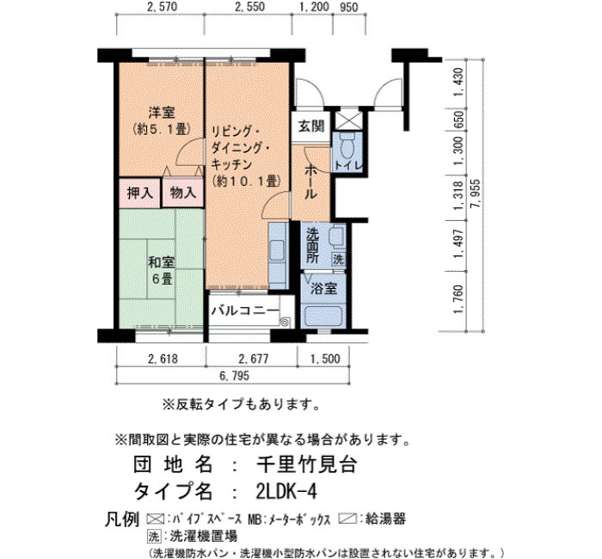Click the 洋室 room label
click(x=162, y=113)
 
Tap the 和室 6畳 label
click(x=162, y=271)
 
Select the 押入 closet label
click(x=139, y=193)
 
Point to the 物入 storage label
click(x=183, y=193)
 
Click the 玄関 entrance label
click(x=311, y=126)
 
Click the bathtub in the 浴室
click(x=322, y=316)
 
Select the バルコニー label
click(x=245, y=310)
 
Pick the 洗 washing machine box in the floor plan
click(x=339, y=259)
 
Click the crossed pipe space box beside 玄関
click(x=347, y=120)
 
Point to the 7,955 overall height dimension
click(x=476, y=193)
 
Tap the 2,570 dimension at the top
click(x=162, y=7)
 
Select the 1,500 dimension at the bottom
click(x=325, y=359)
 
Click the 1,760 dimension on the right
click(x=458, y=299)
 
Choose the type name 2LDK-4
click(x=286, y=491)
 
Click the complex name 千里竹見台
click(x=307, y=464)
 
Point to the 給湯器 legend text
click(x=385, y=519)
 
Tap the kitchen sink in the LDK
click(x=277, y=251)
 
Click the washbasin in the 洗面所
click(x=336, y=236)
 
